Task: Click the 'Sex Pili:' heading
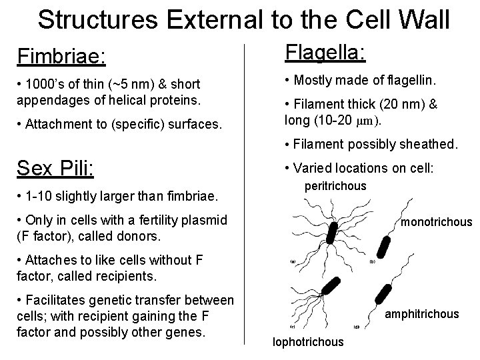tap(56, 168)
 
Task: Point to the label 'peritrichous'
tap(335, 186)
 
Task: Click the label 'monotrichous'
tap(436, 222)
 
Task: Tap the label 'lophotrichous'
tap(308, 342)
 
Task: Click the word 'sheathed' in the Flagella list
tap(434, 143)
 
